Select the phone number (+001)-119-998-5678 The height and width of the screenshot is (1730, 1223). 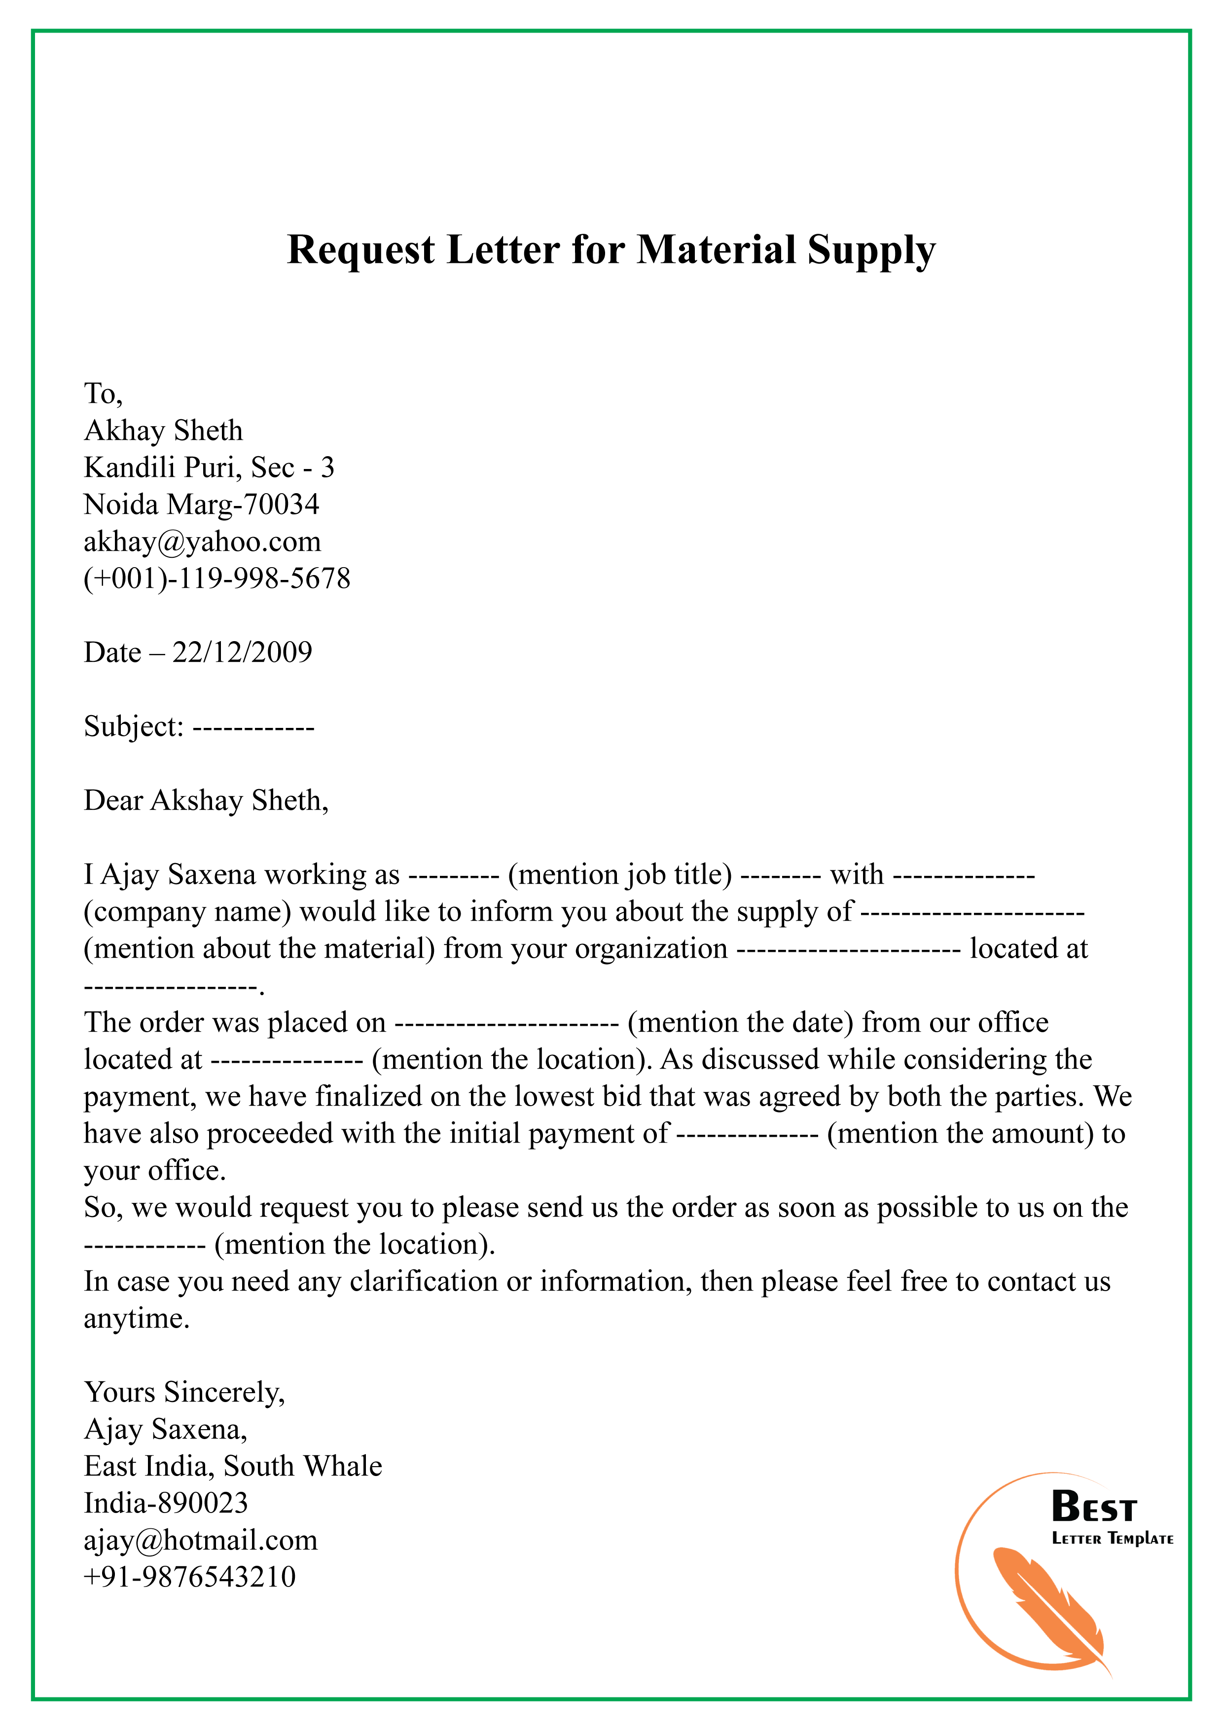click(x=217, y=578)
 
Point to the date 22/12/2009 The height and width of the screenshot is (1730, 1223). click(x=242, y=652)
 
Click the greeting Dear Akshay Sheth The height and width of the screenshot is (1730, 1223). click(x=205, y=800)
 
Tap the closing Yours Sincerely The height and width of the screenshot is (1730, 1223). click(x=184, y=1393)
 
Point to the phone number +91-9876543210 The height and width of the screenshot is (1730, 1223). click(x=190, y=1577)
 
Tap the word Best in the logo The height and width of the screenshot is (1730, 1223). click(x=1093, y=1508)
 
